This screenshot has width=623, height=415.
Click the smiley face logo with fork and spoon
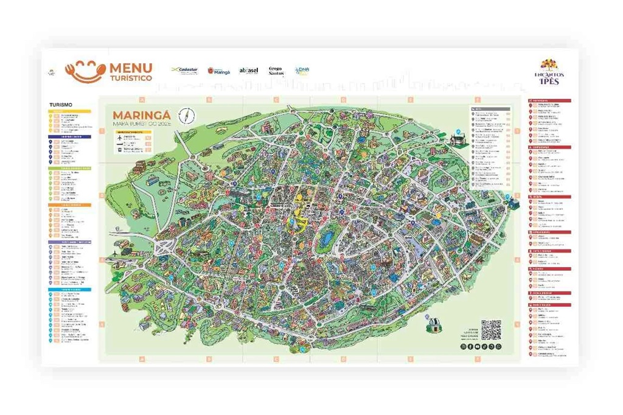pos(85,71)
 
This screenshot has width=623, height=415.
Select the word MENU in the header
pos(131,68)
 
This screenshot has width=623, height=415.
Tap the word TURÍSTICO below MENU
pos(131,78)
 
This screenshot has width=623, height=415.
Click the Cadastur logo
pos(184,71)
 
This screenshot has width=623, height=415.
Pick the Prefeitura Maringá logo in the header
pos(219,71)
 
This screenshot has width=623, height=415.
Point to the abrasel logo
pos(249,71)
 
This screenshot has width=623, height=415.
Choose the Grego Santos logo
pos(276,71)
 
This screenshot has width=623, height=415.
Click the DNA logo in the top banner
pos(302,71)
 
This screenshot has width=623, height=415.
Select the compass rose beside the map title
pos(185,115)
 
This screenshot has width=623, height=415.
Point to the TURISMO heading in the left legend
pos(61,105)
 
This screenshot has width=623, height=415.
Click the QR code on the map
pos(491,330)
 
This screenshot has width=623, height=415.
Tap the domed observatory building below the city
pos(434,326)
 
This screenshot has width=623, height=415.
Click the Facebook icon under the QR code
pos(470,347)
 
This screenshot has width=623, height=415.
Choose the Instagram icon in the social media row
pos(463,347)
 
